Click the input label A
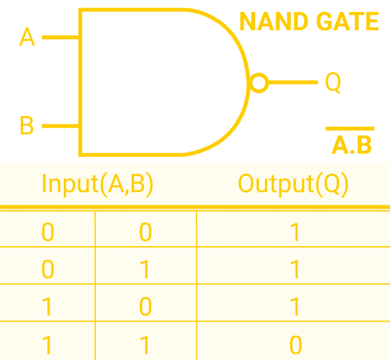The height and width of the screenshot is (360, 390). point(27,37)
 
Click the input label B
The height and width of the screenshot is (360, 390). point(26,126)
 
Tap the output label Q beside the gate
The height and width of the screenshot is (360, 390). point(333,82)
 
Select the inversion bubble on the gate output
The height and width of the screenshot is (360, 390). point(258,82)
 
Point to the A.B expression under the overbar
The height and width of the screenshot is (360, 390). point(352,145)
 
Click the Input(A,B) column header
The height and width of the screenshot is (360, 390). point(97,183)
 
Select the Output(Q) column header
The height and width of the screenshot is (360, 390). point(293,183)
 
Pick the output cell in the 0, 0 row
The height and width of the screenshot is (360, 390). point(295,233)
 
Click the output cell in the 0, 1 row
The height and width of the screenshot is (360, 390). point(295,270)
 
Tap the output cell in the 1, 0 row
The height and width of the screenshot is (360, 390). point(295,307)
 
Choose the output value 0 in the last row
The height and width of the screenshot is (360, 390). point(295,344)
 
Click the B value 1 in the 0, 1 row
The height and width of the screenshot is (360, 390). point(145,270)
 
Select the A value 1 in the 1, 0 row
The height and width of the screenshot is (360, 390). point(48,307)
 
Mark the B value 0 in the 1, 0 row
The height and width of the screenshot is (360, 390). point(145,307)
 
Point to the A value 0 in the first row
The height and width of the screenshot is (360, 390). point(48,233)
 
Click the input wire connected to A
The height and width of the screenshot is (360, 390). point(60,37)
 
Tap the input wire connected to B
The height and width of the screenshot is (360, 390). point(60,126)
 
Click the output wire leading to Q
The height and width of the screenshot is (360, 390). point(293,82)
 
